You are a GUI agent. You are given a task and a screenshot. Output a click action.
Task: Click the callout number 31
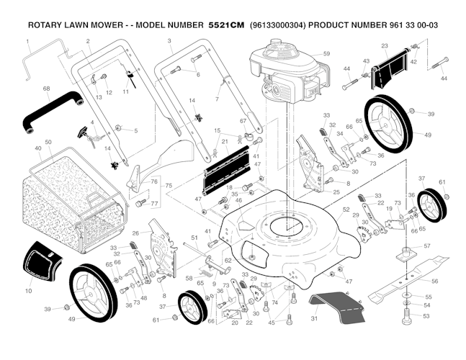pyautogui.click(x=313, y=318)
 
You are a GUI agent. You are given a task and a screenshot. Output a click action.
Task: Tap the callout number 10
pyautogui.click(x=28, y=291)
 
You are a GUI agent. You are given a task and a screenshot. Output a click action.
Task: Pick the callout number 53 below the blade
pyautogui.click(x=426, y=315)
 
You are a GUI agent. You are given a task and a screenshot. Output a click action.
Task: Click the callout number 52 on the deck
pyautogui.click(x=346, y=210)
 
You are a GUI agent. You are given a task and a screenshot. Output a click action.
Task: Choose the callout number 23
pyautogui.click(x=385, y=45)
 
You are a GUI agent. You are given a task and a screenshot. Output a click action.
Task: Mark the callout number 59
pyautogui.click(x=326, y=54)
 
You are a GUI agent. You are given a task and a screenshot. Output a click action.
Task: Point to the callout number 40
pyautogui.click(x=37, y=148)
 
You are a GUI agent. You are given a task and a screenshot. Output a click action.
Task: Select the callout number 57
pyautogui.click(x=427, y=246)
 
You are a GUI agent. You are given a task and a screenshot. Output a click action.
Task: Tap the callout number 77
pyautogui.click(x=153, y=204)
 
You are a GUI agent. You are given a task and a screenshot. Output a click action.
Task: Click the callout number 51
pyautogui.click(x=194, y=238)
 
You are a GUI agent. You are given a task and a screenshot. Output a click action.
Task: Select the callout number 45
pyautogui.click(x=271, y=323)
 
